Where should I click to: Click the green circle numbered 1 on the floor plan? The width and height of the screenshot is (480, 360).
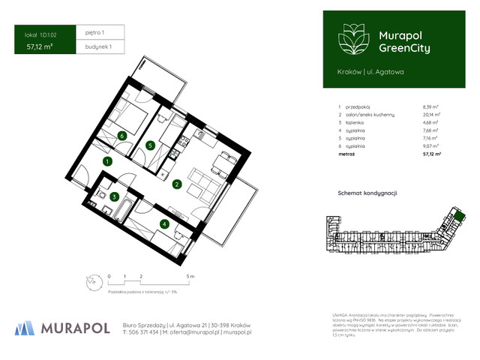(x=107, y=160)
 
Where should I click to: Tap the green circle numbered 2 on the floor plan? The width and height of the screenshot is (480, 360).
(x=177, y=184)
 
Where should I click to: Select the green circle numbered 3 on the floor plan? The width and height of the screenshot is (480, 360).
(x=113, y=196)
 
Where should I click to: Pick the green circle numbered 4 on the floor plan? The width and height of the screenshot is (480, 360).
(x=164, y=223)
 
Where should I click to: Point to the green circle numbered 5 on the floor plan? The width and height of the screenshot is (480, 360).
(x=150, y=145)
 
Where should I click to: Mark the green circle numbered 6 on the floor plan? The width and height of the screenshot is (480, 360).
(x=121, y=136)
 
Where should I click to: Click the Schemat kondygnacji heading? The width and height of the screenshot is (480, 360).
(x=367, y=193)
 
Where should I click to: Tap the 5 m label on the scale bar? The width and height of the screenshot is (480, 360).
(x=191, y=276)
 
